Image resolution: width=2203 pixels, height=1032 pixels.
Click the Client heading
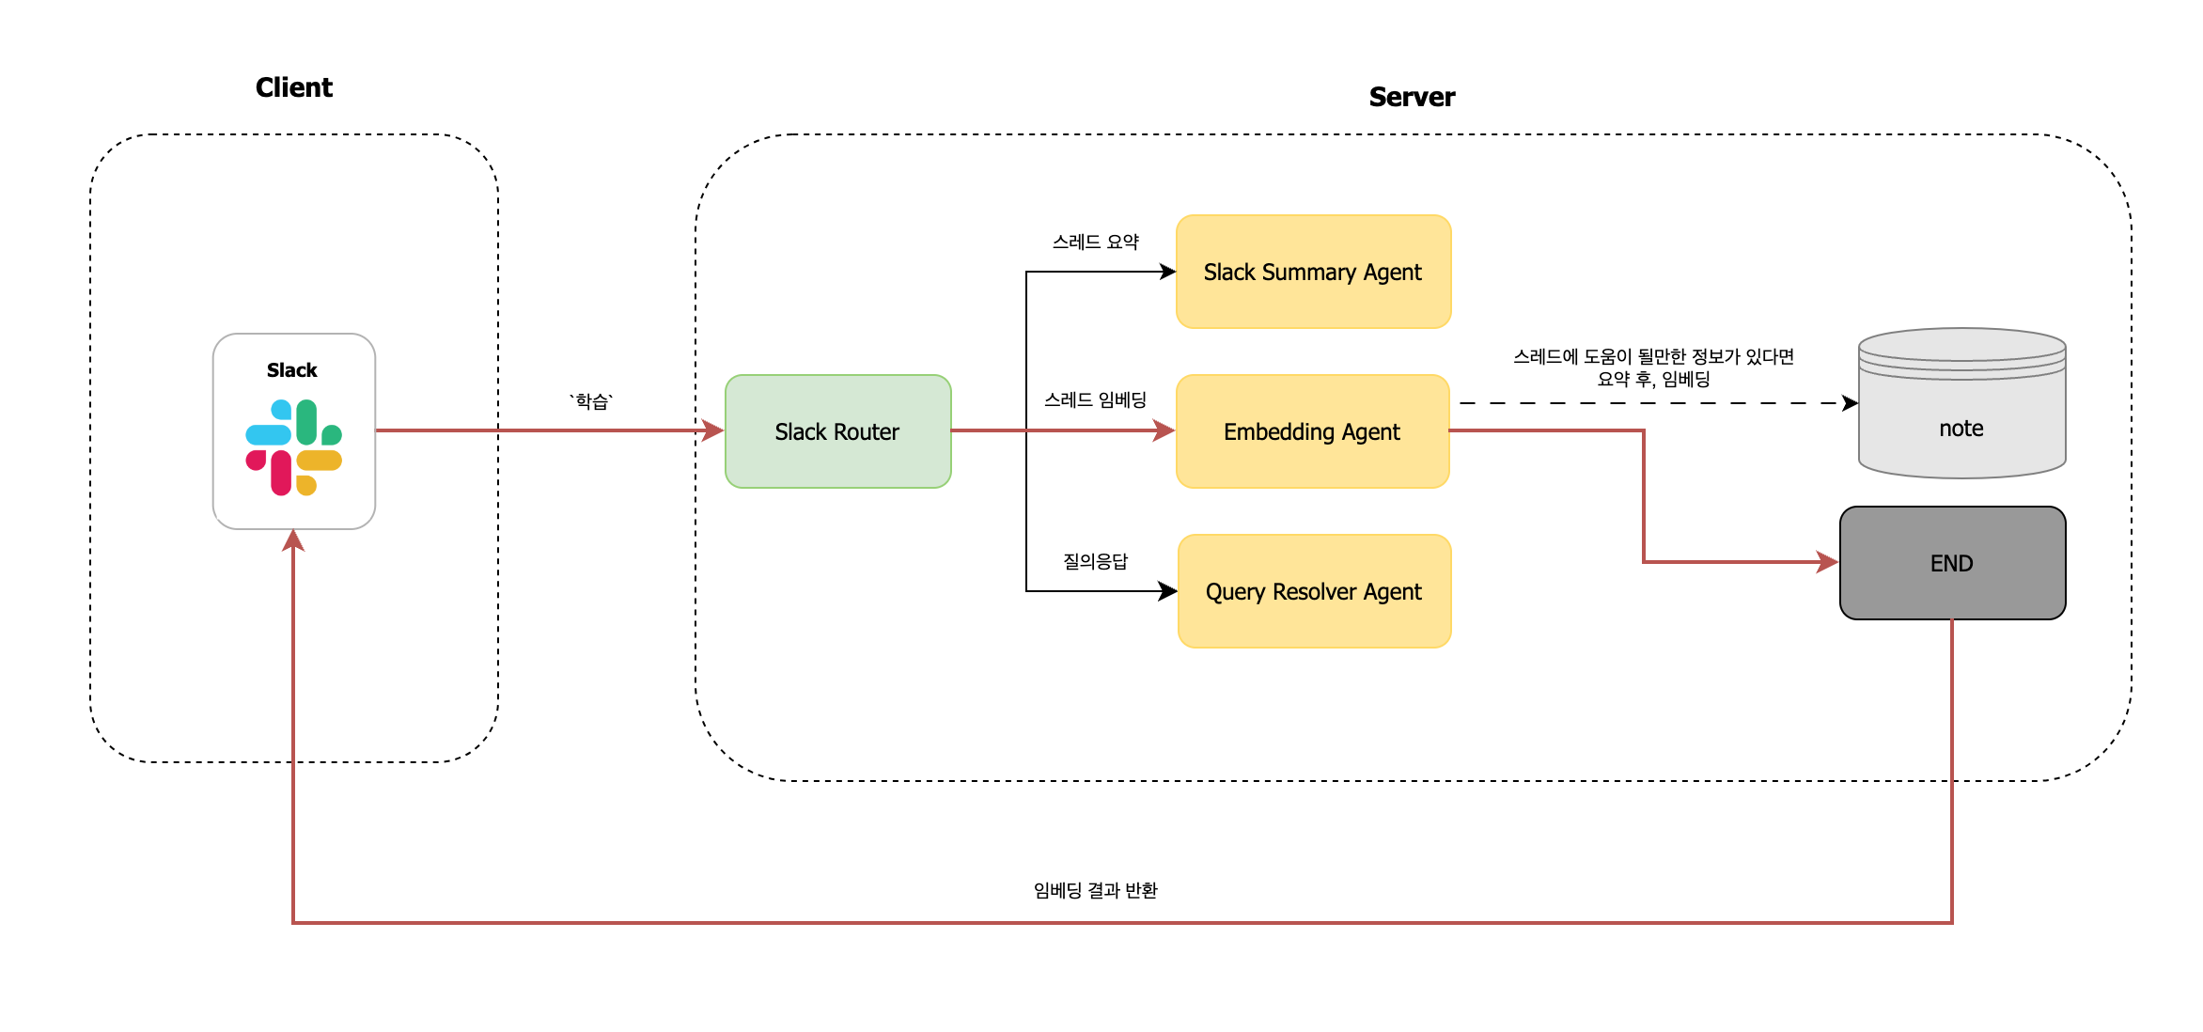point(293,87)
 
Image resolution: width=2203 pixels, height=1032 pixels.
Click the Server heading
point(1411,97)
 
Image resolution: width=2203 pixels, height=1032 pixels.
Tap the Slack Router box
point(837,431)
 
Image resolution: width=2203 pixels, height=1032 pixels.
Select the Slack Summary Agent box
point(1313,272)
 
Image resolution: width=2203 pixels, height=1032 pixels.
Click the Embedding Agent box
point(1312,431)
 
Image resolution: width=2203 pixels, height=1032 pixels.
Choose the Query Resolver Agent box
point(1314,591)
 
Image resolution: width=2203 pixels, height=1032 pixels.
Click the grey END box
point(1952,563)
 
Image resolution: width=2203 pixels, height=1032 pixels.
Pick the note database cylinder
point(1961,414)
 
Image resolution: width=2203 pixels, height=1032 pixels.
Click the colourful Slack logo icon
point(293,447)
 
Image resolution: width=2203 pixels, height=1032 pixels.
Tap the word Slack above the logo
point(291,370)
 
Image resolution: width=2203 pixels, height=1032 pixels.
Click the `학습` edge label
point(591,401)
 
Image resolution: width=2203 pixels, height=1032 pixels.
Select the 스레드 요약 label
point(1095,242)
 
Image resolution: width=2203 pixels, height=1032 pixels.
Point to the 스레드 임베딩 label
point(1095,399)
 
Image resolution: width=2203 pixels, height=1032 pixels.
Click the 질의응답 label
point(1095,561)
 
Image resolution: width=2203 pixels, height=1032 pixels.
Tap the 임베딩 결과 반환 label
point(1095,890)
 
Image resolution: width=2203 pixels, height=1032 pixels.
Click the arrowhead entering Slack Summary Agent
point(1168,272)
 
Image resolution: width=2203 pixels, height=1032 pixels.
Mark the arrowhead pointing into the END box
point(1828,562)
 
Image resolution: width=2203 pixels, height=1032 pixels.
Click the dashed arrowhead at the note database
point(1850,403)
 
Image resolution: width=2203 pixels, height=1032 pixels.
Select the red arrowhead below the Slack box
point(293,540)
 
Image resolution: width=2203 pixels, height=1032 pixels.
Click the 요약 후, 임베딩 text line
point(1653,379)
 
